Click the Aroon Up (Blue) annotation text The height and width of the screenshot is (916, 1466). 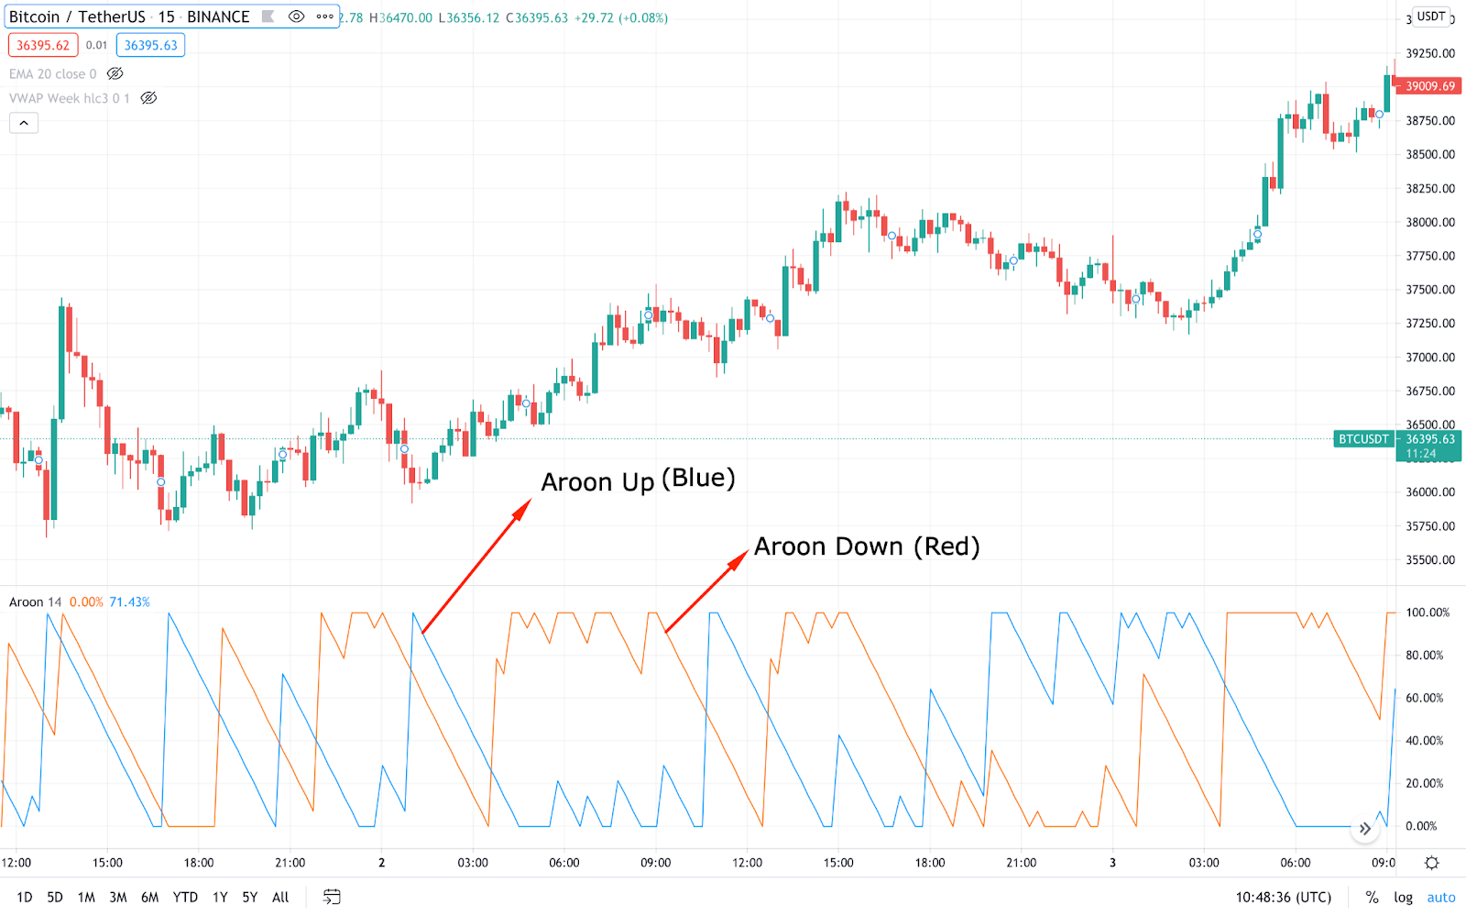(638, 480)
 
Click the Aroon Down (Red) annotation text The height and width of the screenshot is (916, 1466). (867, 546)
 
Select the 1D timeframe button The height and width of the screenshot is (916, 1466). (25, 897)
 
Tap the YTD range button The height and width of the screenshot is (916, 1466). (185, 897)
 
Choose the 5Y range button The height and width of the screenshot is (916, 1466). (249, 897)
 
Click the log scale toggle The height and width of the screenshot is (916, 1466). (1403, 897)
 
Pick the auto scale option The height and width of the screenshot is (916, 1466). (1440, 897)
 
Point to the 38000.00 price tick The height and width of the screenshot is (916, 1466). (1430, 222)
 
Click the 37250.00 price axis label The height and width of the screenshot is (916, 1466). (1430, 323)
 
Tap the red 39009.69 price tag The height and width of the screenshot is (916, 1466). (1429, 86)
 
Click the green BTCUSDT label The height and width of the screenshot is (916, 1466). (1363, 439)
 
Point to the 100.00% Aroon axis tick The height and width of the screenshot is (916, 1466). (1428, 613)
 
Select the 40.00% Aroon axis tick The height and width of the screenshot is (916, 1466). (1424, 741)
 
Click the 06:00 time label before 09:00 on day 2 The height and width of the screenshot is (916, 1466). (564, 863)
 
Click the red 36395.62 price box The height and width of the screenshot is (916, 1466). (43, 45)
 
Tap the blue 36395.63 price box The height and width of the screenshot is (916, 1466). (150, 45)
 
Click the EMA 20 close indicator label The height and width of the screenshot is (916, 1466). (52, 74)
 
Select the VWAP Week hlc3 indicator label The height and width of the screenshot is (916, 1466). (69, 98)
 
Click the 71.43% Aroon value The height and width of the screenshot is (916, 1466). (129, 602)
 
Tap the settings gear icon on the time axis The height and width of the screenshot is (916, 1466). (1432, 863)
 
